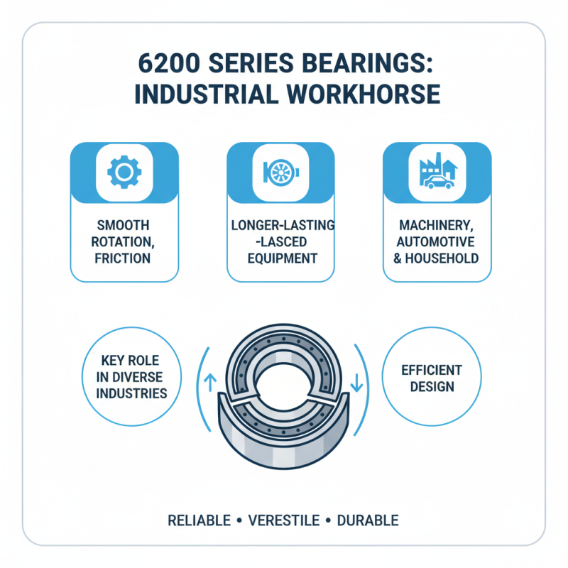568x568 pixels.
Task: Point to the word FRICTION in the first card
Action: [x=124, y=258]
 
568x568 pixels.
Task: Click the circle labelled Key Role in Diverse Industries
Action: [x=131, y=376]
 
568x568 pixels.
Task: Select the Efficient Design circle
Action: [x=432, y=378]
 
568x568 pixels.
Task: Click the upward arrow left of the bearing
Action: [x=209, y=381]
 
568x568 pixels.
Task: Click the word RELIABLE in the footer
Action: [x=199, y=520]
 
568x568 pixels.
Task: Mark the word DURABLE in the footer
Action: [x=368, y=520]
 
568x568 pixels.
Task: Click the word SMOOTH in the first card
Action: [x=124, y=226]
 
